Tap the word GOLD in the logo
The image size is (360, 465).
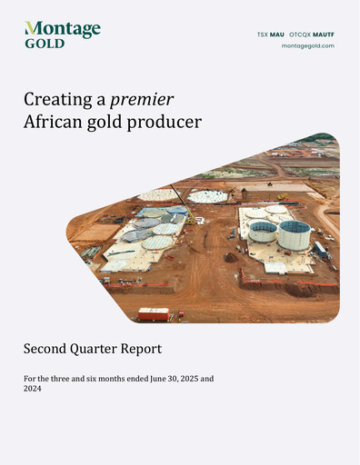pos(45,43)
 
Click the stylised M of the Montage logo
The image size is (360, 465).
pos(33,29)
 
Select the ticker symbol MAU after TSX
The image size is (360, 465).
pos(276,35)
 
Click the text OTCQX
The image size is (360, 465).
pos(300,35)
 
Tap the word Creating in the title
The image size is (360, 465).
pos(55,99)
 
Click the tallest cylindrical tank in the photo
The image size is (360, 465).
pos(294,234)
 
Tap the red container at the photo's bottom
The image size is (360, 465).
pos(153,314)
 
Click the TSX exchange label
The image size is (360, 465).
pos(263,35)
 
